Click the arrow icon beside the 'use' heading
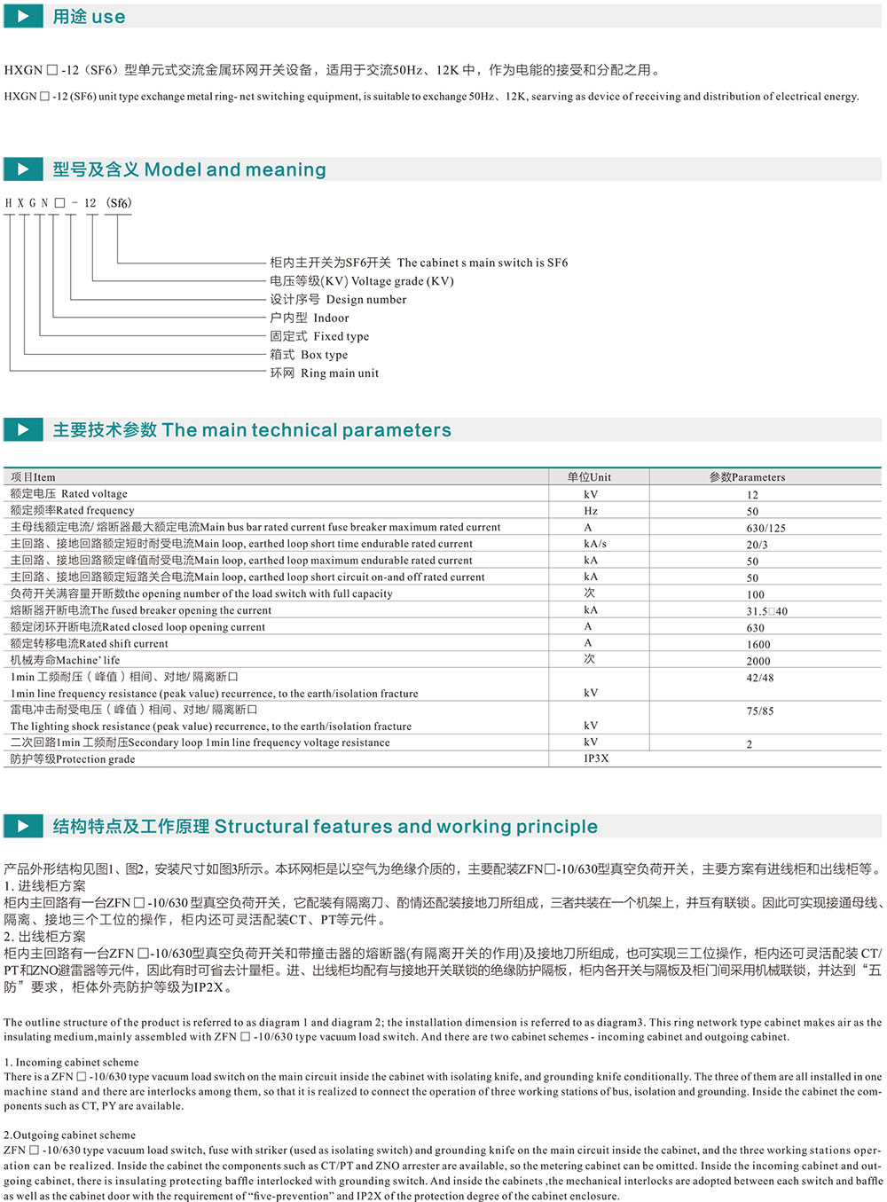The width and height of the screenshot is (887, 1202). pyautogui.click(x=23, y=16)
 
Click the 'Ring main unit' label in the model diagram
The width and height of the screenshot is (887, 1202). pyautogui.click(x=325, y=373)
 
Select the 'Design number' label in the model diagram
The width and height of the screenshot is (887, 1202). pyautogui.click(x=339, y=300)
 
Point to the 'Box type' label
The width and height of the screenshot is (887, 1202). pyautogui.click(x=310, y=355)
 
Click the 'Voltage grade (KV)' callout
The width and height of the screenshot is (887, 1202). pyautogui.click(x=362, y=281)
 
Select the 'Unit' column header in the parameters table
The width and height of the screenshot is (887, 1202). pyautogui.click(x=589, y=477)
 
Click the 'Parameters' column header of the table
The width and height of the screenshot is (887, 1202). pyautogui.click(x=747, y=477)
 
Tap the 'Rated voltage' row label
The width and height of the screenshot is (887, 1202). pyautogui.click(x=69, y=494)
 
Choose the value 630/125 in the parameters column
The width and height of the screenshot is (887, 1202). pyautogui.click(x=765, y=528)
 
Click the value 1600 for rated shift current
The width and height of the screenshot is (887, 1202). pyautogui.click(x=758, y=644)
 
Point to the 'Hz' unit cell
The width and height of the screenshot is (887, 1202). pyautogui.click(x=591, y=511)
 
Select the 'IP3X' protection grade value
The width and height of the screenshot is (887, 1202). pyautogui.click(x=596, y=758)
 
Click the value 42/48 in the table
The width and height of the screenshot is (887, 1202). pyautogui.click(x=760, y=678)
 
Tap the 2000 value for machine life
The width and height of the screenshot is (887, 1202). pyautogui.click(x=758, y=661)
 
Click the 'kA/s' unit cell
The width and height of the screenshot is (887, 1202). pyautogui.click(x=594, y=544)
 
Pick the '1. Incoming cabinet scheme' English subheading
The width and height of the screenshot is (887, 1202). pyautogui.click(x=71, y=1062)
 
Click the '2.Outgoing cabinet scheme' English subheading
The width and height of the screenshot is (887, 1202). pyautogui.click(x=69, y=1135)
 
